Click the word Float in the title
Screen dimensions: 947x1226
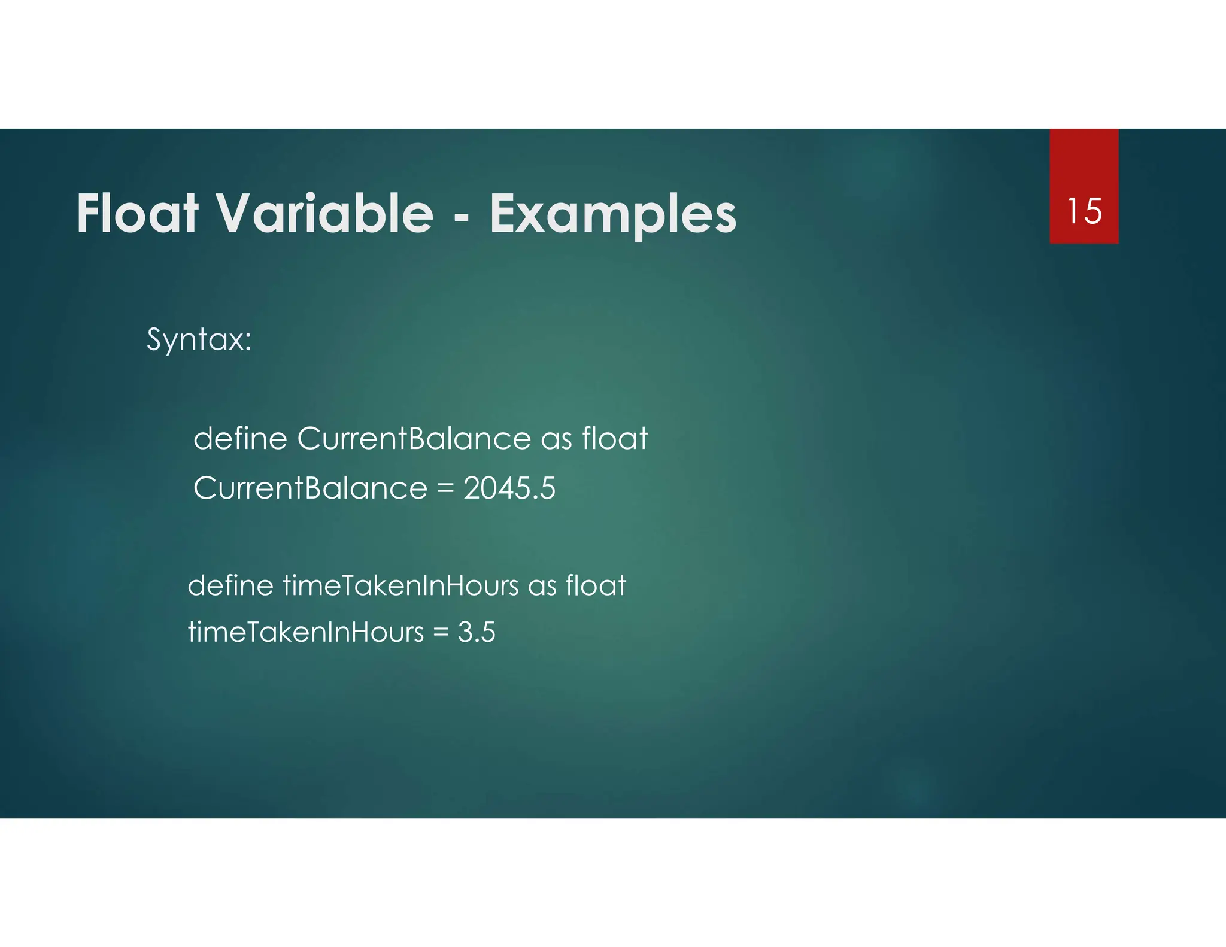pos(137,214)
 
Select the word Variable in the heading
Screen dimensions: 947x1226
pos(324,214)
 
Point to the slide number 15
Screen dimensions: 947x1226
pos(1084,211)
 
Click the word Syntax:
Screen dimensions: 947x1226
pos(199,340)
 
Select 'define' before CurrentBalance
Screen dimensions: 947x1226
pos(240,438)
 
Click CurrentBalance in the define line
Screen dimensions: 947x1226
pos(414,438)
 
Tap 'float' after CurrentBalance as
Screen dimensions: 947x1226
pos(615,438)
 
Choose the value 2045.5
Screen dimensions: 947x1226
pos(509,488)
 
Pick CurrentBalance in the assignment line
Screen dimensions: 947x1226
pos(310,488)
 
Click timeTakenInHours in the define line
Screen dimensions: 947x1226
pos(400,585)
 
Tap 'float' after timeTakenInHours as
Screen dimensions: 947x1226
pos(596,585)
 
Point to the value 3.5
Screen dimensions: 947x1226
pos(477,632)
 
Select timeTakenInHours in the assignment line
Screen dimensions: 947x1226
pos(306,632)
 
